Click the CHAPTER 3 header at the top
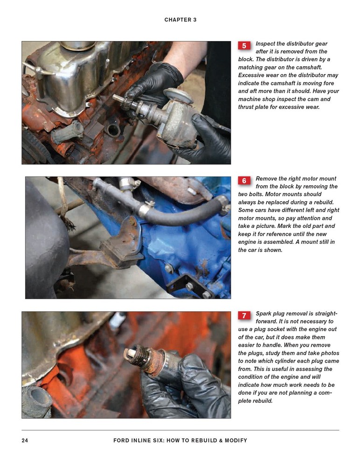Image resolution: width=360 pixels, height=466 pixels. click(180, 20)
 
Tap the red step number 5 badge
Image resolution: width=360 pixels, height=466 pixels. click(244, 46)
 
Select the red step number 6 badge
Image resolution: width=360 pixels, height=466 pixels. click(244, 180)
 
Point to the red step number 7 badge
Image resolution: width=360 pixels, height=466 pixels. click(244, 315)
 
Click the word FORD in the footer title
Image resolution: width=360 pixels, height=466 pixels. click(122, 440)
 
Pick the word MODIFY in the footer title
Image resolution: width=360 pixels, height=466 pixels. click(234, 440)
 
